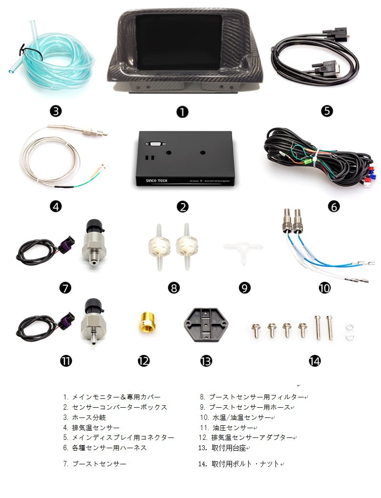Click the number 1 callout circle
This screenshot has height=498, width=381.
182,112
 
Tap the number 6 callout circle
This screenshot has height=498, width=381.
334,207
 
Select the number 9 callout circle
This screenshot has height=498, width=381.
244,288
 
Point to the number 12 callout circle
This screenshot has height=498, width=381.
144,361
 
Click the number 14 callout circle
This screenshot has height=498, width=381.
315,361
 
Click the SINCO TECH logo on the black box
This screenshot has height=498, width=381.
156,181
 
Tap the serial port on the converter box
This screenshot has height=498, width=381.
155,144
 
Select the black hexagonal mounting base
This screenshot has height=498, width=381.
206,324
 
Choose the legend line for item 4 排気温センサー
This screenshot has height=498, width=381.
91,428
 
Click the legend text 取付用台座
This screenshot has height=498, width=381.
229,448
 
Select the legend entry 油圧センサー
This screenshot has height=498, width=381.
233,428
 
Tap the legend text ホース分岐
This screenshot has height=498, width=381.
89,417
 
